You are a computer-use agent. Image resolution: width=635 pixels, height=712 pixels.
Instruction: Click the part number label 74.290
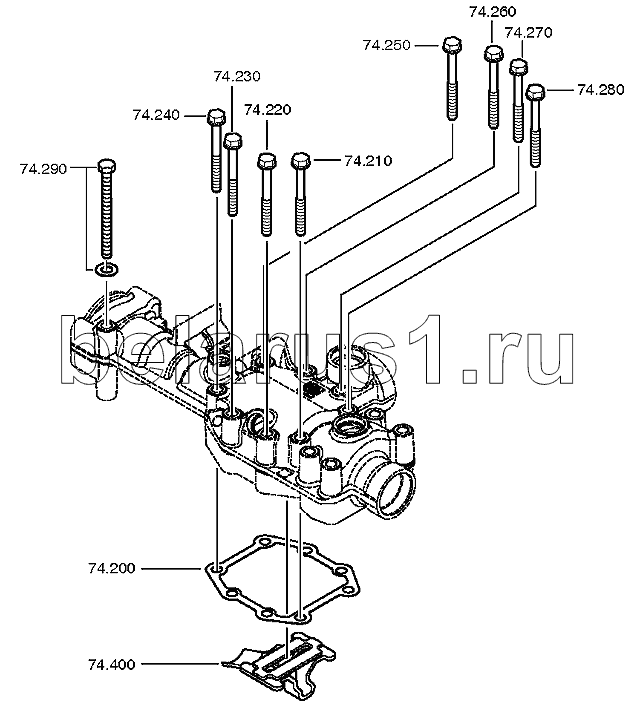pos(42,168)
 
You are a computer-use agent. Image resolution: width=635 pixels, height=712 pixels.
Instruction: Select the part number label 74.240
pos(155,115)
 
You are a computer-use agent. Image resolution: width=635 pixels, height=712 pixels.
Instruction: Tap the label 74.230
pos(236,76)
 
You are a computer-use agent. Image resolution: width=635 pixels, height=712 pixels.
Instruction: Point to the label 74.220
pos(267,110)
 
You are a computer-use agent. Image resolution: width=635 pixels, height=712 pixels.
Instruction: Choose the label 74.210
pos(367,160)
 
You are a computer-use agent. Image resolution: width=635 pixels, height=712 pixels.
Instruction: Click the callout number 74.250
pos(386,45)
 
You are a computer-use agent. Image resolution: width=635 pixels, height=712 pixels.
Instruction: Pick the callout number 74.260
pos(492,13)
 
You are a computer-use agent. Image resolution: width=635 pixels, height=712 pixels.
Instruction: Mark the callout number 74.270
pos(529,32)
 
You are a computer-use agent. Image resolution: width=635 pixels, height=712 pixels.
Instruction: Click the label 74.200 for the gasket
pos(112,568)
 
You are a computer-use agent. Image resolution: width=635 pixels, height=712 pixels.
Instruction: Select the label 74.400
pos(112,663)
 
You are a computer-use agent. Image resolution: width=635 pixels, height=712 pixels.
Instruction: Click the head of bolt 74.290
pos(106,166)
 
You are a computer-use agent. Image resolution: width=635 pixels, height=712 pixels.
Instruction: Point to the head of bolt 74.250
pos(450,45)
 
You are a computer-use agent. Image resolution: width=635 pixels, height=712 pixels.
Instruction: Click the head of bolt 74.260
pos(493,53)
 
